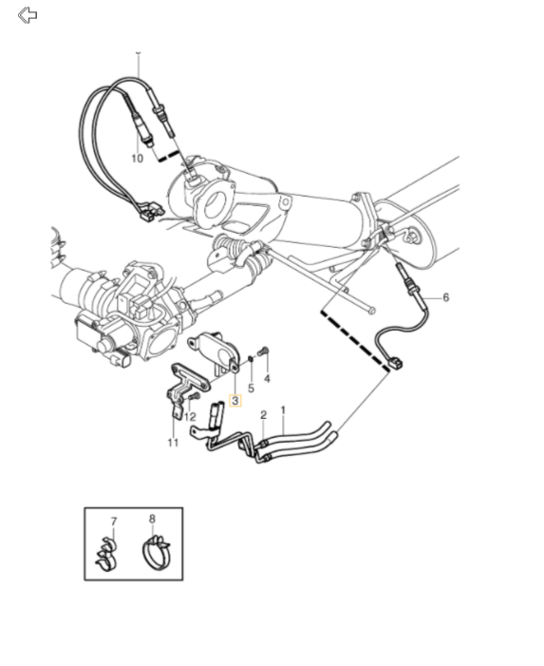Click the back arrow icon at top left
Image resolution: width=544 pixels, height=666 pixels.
click(28, 15)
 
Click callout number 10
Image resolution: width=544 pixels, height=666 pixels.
click(137, 159)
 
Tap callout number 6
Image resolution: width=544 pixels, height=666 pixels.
click(445, 297)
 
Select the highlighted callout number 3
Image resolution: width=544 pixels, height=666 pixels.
click(235, 401)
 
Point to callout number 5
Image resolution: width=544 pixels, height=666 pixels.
click(251, 389)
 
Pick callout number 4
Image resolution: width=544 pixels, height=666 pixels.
click(267, 378)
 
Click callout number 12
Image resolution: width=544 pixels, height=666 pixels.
click(190, 417)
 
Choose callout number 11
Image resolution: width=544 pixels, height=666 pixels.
click(173, 443)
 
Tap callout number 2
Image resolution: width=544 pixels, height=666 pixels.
click(264, 415)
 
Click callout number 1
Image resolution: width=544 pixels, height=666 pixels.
click(283, 410)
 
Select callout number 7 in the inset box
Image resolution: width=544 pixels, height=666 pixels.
click(113, 522)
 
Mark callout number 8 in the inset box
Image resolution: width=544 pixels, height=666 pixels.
click(152, 519)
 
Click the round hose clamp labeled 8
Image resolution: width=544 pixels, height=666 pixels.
click(156, 553)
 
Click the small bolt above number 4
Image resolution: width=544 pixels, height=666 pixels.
click(264, 352)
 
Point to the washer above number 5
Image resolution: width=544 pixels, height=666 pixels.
click(251, 359)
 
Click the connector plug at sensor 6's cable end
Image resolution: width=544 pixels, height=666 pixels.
click(396, 364)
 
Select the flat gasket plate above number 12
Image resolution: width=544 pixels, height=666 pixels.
click(191, 377)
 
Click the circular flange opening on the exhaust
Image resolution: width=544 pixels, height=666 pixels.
click(216, 203)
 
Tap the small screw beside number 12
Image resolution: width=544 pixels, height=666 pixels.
click(194, 397)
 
